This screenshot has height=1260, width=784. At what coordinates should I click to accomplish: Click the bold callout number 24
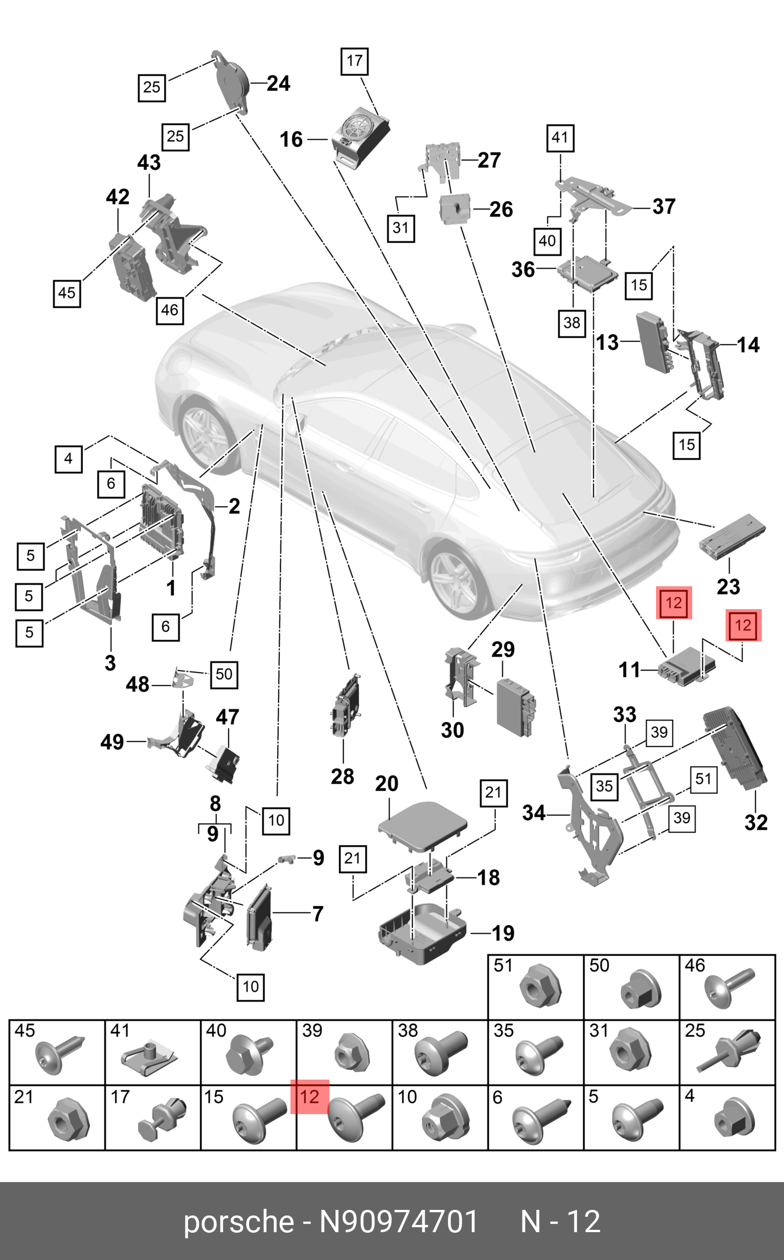click(278, 84)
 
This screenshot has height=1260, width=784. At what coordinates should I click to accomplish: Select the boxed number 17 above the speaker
click(354, 61)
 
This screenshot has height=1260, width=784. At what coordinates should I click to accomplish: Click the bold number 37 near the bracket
click(664, 207)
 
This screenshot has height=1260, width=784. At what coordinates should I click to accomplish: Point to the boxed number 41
click(560, 138)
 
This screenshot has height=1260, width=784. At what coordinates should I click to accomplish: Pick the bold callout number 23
click(728, 586)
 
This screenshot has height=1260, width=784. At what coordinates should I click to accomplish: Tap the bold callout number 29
click(503, 649)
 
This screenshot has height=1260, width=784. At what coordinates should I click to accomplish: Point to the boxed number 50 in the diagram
click(224, 674)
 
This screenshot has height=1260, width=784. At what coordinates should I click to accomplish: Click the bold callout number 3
click(110, 663)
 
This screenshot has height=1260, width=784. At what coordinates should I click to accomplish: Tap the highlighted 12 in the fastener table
click(309, 1097)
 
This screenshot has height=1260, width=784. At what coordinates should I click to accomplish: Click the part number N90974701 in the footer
click(398, 1222)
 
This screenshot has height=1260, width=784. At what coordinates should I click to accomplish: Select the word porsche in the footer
click(238, 1222)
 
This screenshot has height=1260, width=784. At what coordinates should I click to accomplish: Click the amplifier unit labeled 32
click(736, 749)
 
